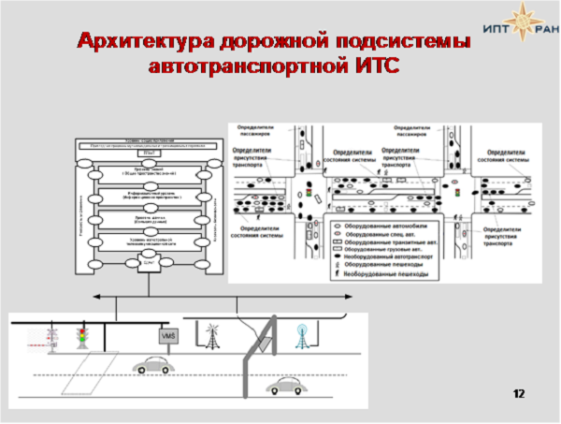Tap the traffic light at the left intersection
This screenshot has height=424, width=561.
point(308,194)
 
